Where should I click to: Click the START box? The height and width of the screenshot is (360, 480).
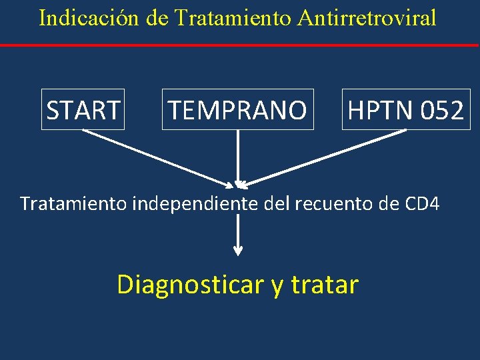(x=83, y=109)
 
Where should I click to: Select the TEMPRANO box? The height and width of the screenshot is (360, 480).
(x=237, y=109)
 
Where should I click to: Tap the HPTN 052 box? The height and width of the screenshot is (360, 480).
(x=405, y=109)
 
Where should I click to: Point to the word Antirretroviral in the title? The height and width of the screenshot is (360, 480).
(x=366, y=17)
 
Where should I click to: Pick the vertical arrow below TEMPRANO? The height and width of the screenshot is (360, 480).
(x=238, y=157)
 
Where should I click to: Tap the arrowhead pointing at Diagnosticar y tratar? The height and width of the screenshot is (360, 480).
(x=238, y=251)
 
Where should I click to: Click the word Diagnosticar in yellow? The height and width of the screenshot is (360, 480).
(x=190, y=285)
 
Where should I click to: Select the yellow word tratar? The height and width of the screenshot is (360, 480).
(x=325, y=285)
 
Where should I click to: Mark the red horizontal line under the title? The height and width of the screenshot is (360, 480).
(x=240, y=45)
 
